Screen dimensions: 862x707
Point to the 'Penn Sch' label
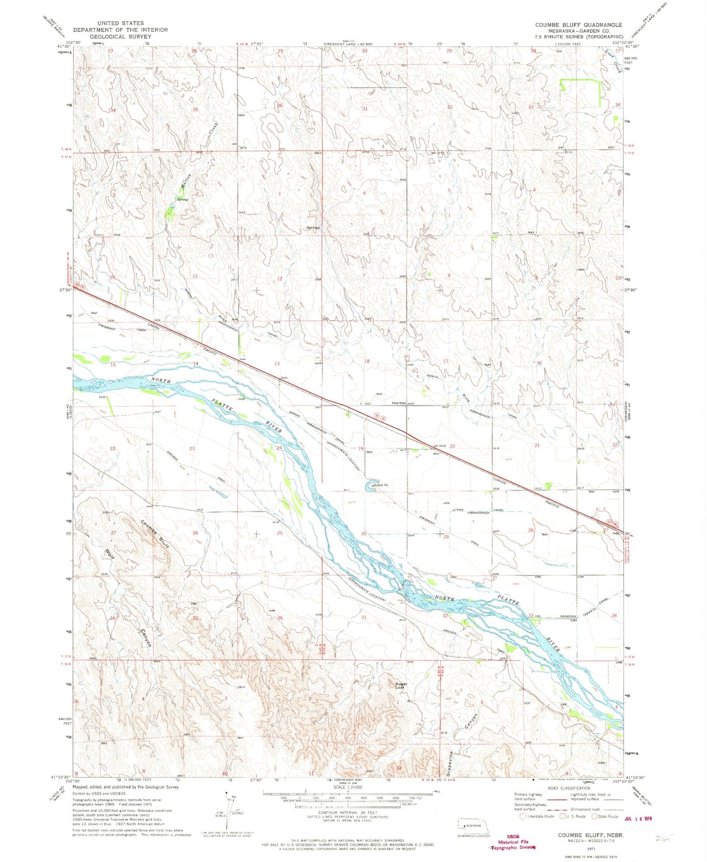(x=399, y=403)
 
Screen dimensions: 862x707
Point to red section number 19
(x=361, y=448)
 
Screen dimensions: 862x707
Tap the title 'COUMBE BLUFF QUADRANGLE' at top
(x=578, y=24)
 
